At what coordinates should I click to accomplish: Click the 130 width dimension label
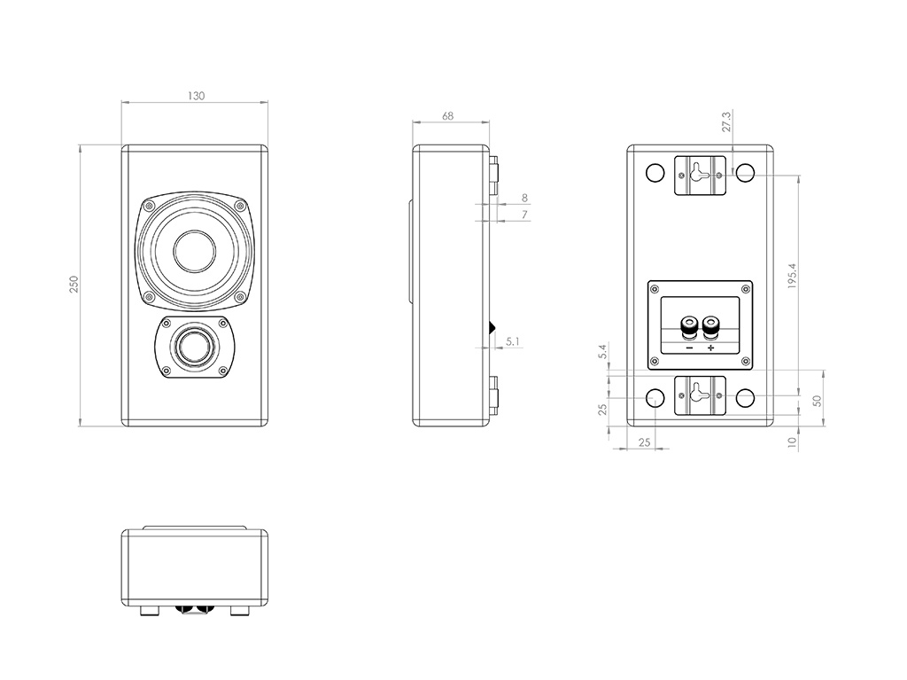(196, 96)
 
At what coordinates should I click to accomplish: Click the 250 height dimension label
(74, 284)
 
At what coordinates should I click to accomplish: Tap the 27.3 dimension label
(726, 121)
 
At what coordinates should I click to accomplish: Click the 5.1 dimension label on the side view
(514, 340)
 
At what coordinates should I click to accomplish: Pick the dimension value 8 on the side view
(524, 198)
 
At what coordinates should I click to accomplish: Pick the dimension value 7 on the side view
(524, 215)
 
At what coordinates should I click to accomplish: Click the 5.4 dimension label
(602, 352)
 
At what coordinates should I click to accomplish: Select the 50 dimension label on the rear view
(818, 400)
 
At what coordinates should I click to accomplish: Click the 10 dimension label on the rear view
(793, 441)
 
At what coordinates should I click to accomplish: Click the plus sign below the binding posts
(710, 348)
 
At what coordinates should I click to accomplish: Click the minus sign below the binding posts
(689, 348)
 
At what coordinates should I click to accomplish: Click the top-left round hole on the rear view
(655, 173)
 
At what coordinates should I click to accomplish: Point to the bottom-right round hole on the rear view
(746, 398)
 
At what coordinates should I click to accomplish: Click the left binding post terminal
(688, 328)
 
